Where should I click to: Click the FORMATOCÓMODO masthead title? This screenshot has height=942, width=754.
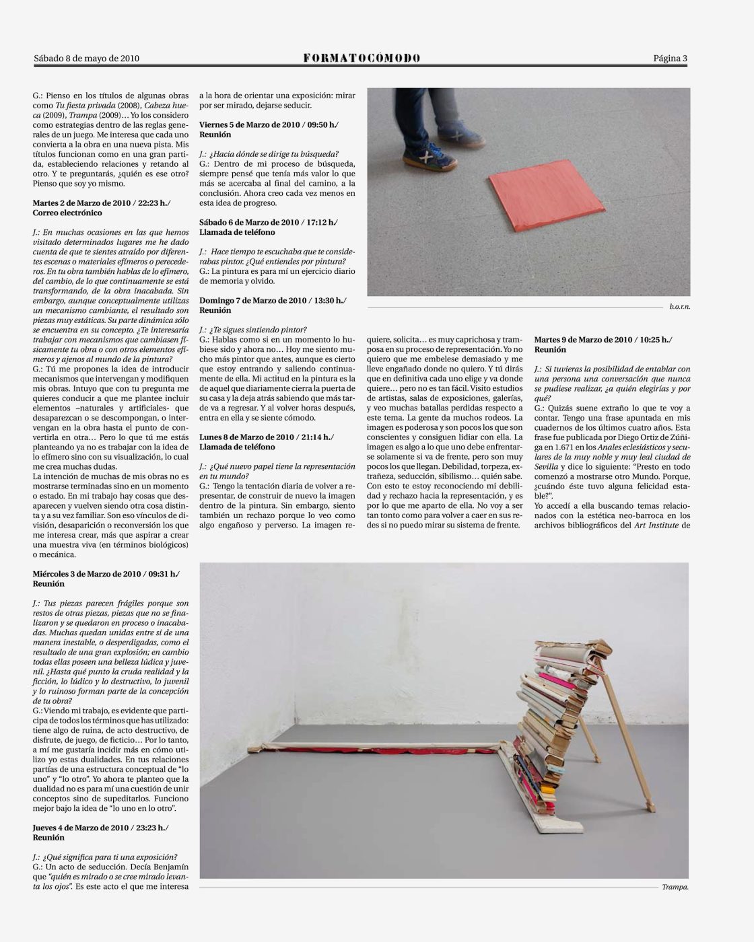[362, 59]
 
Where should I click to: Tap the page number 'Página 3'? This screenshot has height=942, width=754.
[670, 59]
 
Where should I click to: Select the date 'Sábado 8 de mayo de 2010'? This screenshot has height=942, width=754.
[86, 59]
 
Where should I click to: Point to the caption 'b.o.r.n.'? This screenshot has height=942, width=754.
[680, 306]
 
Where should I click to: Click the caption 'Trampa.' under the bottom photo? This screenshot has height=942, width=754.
[675, 887]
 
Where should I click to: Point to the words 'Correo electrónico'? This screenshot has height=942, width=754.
[67, 213]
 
